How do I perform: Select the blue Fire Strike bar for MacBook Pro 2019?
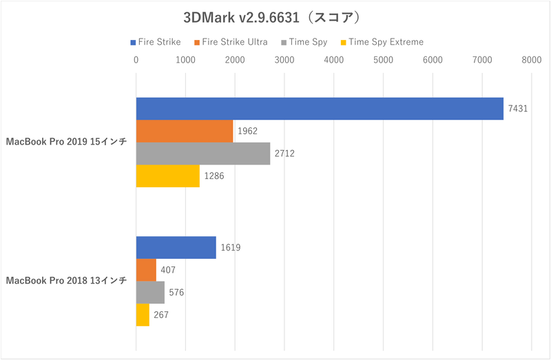pyautogui.click(x=320, y=109)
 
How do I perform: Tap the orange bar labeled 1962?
pyautogui.click(x=185, y=131)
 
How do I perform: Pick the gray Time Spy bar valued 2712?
pyautogui.click(x=203, y=153)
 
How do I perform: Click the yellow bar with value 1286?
pyautogui.click(x=167, y=176)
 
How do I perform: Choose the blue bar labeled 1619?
pyautogui.click(x=176, y=248)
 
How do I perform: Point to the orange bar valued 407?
pyautogui.click(x=146, y=270)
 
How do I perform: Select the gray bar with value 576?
pyautogui.click(x=150, y=293)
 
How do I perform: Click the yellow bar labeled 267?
pyautogui.click(x=143, y=315)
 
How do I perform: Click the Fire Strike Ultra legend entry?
pyautogui.click(x=232, y=42)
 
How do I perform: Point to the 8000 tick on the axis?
pyautogui.click(x=531, y=61)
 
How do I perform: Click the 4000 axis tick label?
pyautogui.click(x=333, y=61)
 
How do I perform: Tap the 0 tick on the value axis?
pyautogui.click(x=136, y=61)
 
